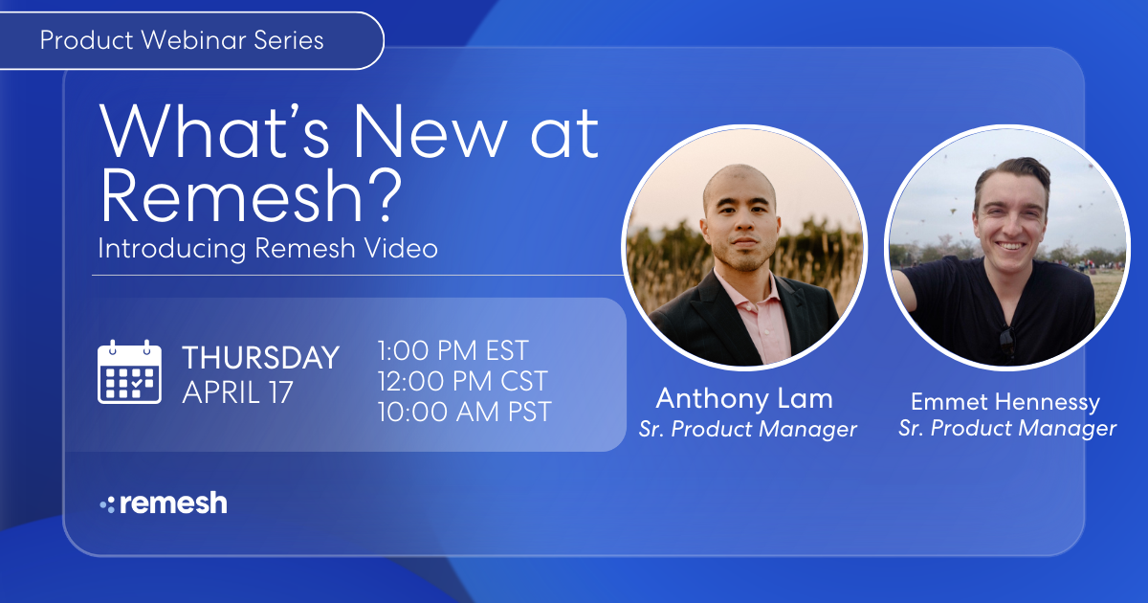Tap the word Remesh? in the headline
point(251,195)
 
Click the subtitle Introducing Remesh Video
point(268,249)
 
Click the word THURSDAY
point(260,358)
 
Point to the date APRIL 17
point(237,393)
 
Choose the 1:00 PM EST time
point(453,351)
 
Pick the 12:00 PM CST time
point(463,381)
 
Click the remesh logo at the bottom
point(164,503)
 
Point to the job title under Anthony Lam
point(747,430)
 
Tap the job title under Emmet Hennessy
point(1007,429)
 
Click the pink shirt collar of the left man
point(756,297)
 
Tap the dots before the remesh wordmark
point(107,504)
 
